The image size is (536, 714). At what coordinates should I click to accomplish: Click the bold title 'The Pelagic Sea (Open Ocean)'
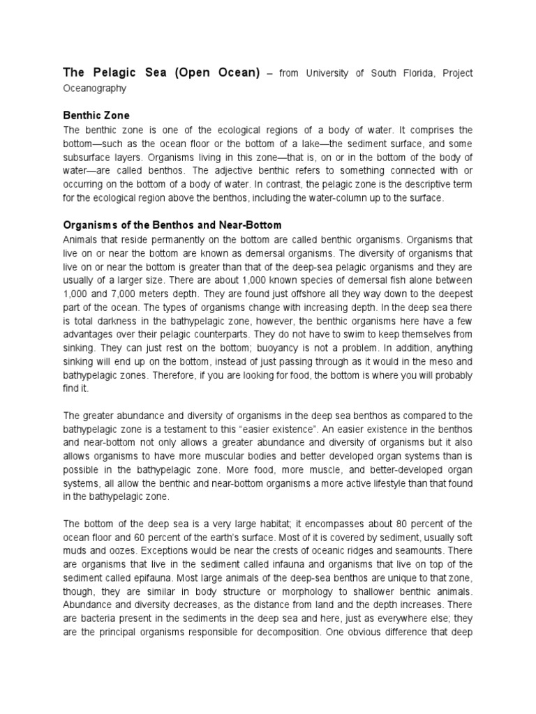(161, 73)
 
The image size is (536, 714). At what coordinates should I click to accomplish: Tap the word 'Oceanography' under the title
(96, 89)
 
